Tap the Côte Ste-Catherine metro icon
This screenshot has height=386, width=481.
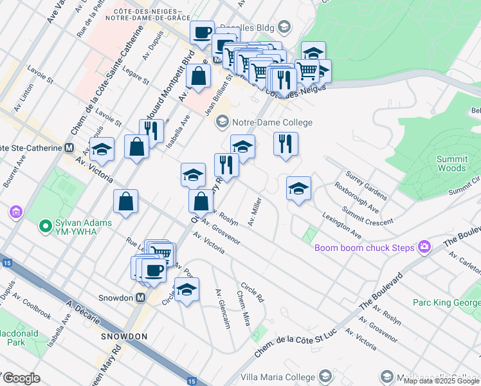coord(69,147)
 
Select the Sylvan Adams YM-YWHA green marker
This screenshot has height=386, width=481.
coord(45,226)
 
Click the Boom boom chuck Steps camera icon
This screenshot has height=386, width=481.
coord(424,246)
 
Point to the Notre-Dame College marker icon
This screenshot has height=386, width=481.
coord(222,122)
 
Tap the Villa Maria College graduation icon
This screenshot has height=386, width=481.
coord(325,376)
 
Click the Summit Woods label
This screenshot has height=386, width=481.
coord(451,163)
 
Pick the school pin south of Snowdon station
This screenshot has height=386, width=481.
coord(186,290)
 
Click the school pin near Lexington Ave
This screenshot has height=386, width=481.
coord(298,188)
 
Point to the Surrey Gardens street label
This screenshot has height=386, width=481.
coord(367,185)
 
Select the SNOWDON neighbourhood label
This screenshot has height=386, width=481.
coord(124,336)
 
